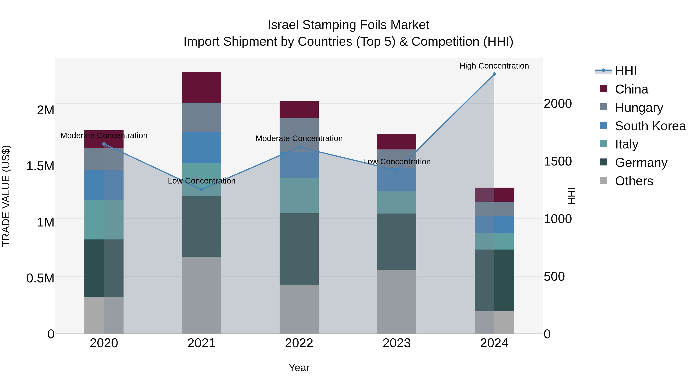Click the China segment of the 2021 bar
click(201, 87)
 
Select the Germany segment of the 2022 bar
click(299, 249)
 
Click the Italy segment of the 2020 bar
click(104, 220)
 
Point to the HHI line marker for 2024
click(494, 74)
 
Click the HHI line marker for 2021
click(201, 189)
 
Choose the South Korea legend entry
click(650, 126)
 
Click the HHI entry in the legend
click(626, 71)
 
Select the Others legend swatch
click(603, 180)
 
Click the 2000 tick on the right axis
click(558, 104)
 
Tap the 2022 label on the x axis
click(299, 343)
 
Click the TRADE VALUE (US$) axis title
click(6, 196)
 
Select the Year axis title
click(299, 368)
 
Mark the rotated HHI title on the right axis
click(571, 196)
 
